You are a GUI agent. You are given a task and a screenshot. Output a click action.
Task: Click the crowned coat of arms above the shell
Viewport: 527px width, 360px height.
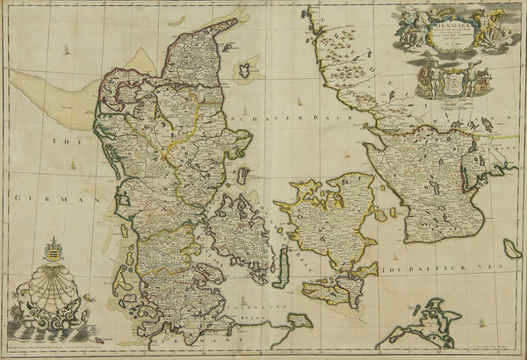pyautogui.click(x=50, y=251)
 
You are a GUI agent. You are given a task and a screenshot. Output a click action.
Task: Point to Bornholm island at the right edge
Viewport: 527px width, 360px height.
pyautogui.click(x=512, y=248)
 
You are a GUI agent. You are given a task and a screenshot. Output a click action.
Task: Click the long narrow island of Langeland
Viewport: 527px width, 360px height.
pyautogui.click(x=283, y=265)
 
